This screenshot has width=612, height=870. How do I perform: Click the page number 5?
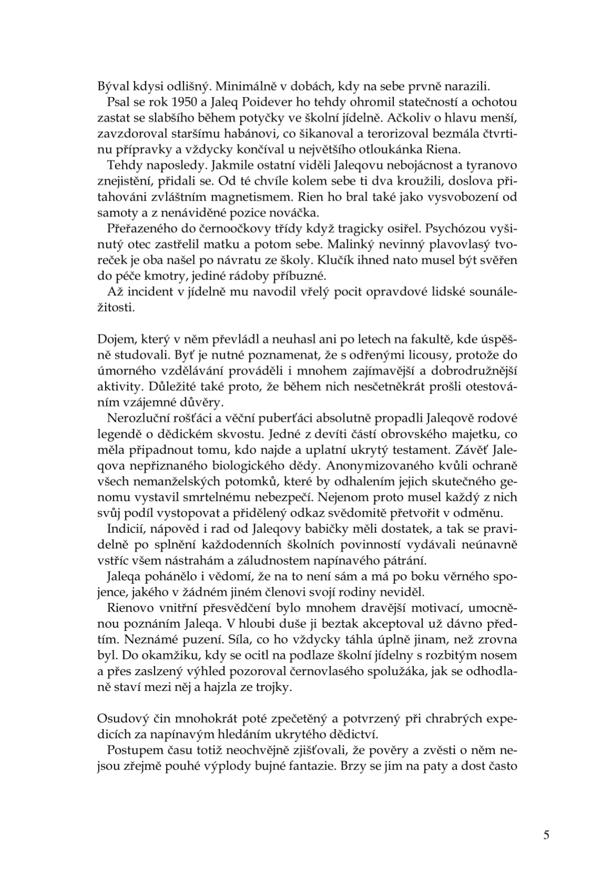[546, 836]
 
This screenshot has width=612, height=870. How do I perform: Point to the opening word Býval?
[113, 86]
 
